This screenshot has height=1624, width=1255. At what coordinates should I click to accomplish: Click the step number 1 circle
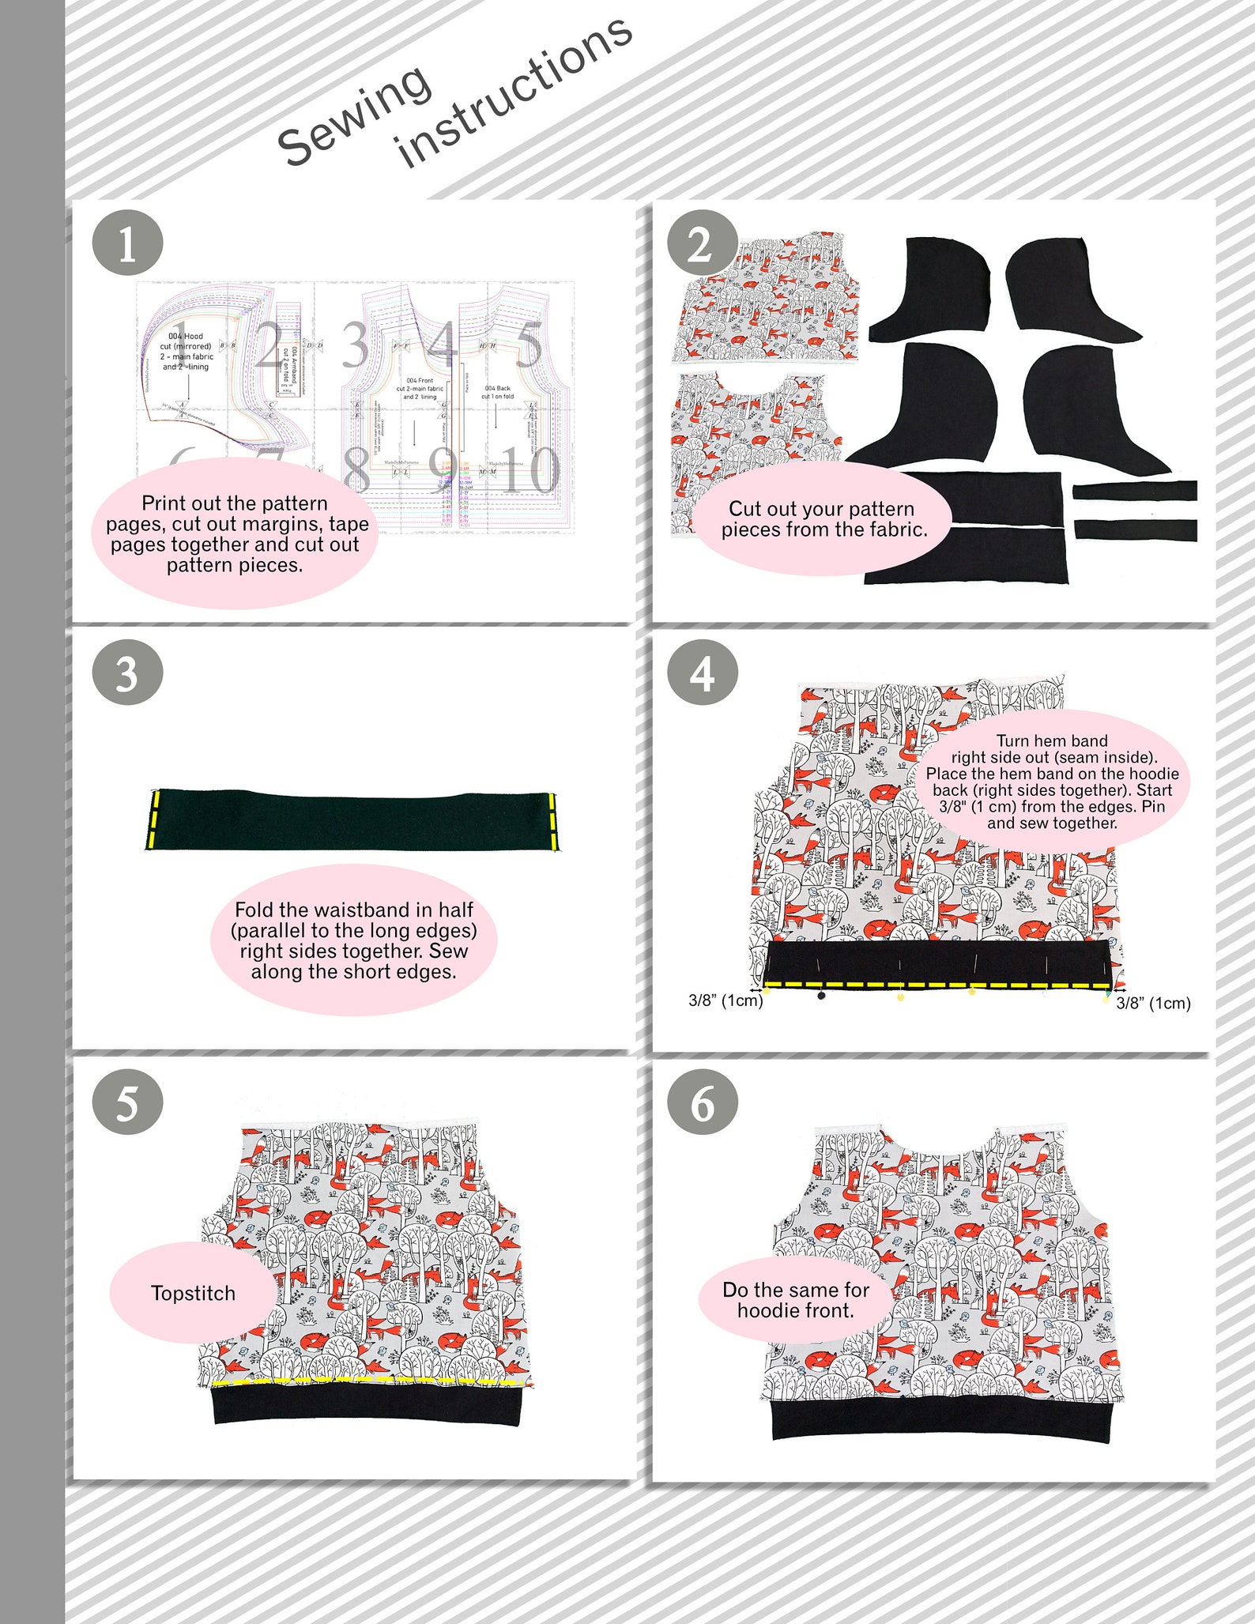tap(127, 243)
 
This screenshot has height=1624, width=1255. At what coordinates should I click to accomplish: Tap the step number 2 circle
tap(702, 245)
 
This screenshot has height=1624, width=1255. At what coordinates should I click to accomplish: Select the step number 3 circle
tap(127, 673)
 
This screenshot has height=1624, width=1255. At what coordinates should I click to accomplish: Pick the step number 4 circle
tap(702, 673)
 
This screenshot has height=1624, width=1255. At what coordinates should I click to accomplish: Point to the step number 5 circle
tap(127, 1102)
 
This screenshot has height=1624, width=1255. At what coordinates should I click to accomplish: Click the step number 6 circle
tap(702, 1102)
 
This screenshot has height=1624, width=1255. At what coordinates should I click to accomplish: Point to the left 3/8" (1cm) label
tap(725, 1000)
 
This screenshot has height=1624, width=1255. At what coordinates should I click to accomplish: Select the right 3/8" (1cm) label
tap(1153, 1003)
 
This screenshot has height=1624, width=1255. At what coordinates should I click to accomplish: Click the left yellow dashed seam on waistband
tap(154, 819)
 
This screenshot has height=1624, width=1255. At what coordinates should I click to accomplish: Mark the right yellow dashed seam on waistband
tap(552, 819)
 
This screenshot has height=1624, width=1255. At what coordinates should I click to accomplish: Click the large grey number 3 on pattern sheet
tap(355, 345)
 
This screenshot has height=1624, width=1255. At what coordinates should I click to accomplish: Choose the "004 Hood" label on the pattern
tap(186, 336)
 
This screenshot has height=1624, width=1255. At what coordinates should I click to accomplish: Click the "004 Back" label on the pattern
tap(498, 388)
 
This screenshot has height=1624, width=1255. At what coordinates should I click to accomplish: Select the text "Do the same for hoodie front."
tap(795, 1300)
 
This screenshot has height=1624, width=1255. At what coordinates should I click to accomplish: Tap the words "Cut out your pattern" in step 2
tap(821, 509)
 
